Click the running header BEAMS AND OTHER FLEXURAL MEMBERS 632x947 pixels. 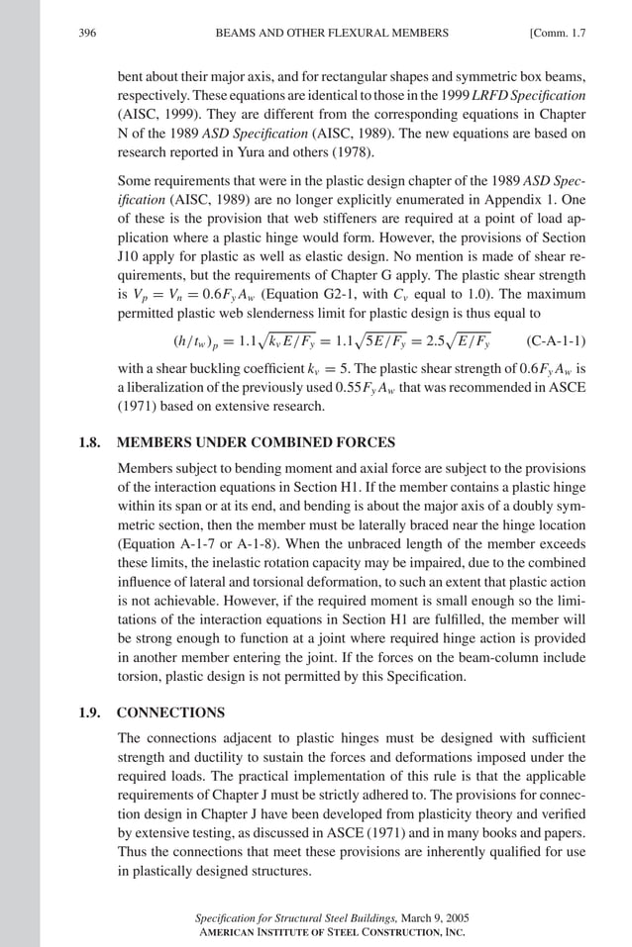(x=332, y=33)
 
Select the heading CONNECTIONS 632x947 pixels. (x=170, y=711)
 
